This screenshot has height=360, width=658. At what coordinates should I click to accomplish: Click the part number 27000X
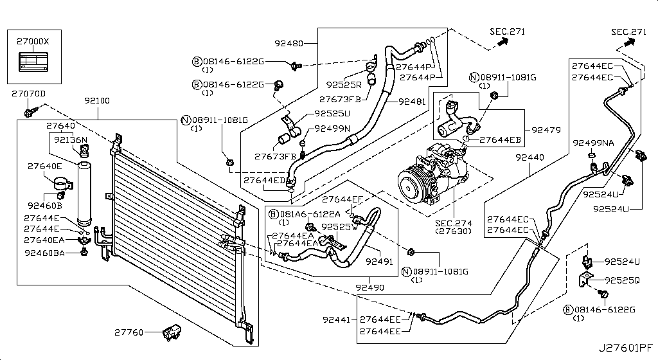(x=33, y=40)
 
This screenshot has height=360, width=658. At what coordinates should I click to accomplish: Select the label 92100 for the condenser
(x=96, y=101)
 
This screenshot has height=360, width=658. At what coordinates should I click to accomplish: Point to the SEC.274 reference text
(x=454, y=222)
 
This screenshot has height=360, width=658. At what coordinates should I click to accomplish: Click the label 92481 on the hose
(x=412, y=101)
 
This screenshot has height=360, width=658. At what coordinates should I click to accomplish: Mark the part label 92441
(x=337, y=319)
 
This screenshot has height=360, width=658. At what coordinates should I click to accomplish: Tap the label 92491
(x=379, y=262)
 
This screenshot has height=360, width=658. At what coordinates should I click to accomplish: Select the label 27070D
(x=28, y=94)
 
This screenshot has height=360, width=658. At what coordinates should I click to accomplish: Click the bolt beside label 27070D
(x=29, y=113)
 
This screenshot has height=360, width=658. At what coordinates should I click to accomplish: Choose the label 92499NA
(x=593, y=143)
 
